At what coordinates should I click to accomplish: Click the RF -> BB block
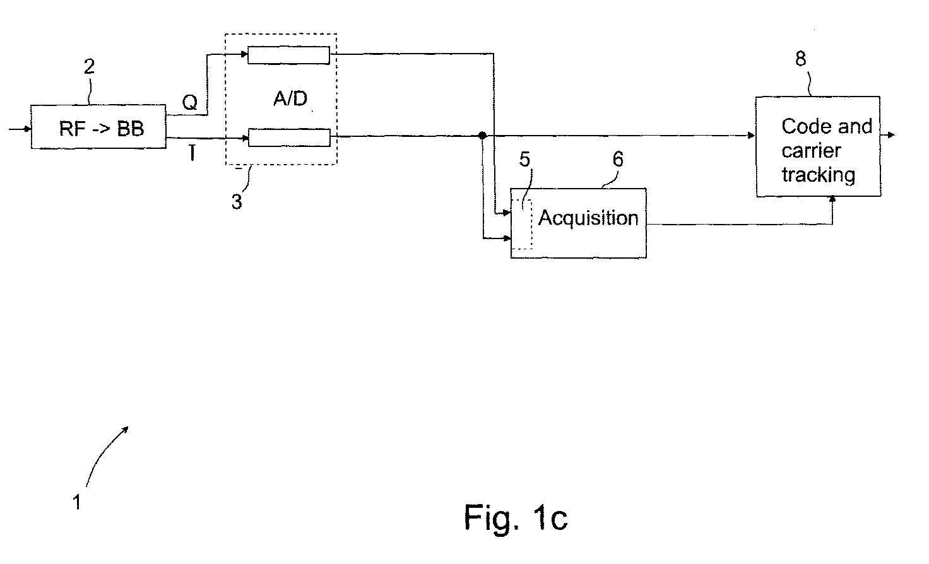(98, 127)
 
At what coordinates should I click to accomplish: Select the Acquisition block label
(588, 218)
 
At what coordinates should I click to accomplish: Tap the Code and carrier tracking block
(818, 146)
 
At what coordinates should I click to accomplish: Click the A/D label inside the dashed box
(290, 98)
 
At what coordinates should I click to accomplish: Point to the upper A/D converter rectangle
(288, 55)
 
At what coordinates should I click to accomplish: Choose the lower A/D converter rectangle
(289, 138)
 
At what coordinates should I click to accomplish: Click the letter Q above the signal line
(190, 102)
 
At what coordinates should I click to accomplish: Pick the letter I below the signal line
(192, 153)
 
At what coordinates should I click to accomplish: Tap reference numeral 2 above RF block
(89, 67)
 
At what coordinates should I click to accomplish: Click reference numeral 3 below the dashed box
(237, 202)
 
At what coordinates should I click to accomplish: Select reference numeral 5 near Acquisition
(524, 159)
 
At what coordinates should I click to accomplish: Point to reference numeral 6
(618, 159)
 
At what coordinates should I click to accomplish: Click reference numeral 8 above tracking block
(801, 59)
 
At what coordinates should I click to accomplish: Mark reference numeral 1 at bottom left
(77, 502)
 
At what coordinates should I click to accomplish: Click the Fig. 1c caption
(516, 518)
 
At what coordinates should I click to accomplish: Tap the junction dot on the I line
(482, 136)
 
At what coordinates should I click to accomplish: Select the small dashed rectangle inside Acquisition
(521, 224)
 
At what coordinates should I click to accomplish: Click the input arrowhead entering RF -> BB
(27, 129)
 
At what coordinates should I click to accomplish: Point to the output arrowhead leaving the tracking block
(891, 135)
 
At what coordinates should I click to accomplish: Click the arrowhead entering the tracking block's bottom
(832, 199)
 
